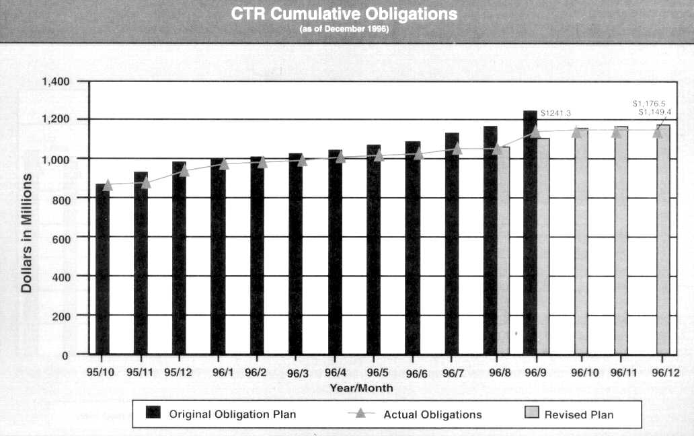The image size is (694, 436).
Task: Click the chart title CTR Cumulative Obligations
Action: pyautogui.click(x=344, y=14)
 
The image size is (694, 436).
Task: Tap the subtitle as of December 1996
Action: pyautogui.click(x=344, y=30)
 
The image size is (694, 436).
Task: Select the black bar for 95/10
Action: pyautogui.click(x=102, y=269)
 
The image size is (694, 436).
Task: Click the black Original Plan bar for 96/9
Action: pyautogui.click(x=530, y=232)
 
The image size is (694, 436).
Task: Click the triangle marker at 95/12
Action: pyautogui.click(x=184, y=170)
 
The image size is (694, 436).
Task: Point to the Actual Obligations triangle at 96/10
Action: pyautogui.click(x=576, y=132)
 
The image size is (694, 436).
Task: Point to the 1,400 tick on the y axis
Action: pyautogui.click(x=56, y=81)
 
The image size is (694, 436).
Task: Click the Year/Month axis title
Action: pyautogui.click(x=361, y=388)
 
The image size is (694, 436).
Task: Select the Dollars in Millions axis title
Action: pyautogui.click(x=27, y=233)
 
